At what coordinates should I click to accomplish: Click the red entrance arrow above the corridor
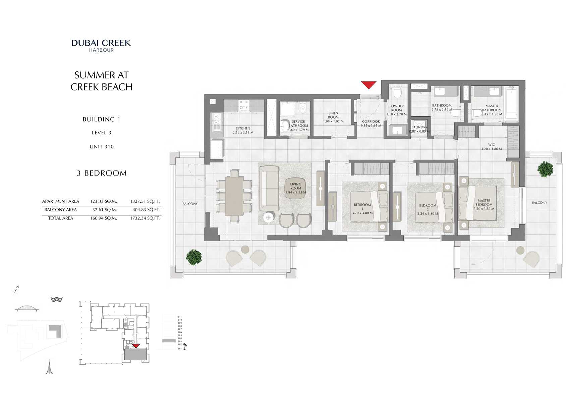tap(368, 85)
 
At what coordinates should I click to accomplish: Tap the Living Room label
tap(295, 186)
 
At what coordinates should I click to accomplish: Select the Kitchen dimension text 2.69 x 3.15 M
tap(243, 133)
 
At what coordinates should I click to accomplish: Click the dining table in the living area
tap(234, 196)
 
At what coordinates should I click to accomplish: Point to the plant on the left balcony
tap(194, 257)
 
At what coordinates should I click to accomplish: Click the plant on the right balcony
tap(545, 169)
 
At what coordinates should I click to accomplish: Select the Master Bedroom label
tap(484, 202)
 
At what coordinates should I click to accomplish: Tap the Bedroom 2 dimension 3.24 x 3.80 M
tap(428, 213)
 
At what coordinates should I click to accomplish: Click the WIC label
tap(491, 145)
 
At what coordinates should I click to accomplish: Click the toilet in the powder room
tap(397, 92)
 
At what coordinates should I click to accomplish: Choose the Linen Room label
tap(333, 115)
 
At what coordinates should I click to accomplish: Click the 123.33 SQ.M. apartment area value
tap(103, 201)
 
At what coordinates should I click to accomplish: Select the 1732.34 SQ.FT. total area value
tap(145, 218)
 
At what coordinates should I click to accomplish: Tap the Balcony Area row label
tap(61, 210)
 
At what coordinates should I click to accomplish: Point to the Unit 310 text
tap(102, 147)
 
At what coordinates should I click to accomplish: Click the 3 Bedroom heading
tap(102, 173)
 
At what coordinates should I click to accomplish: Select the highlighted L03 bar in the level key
tap(169, 341)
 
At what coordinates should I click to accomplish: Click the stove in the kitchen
tap(243, 105)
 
